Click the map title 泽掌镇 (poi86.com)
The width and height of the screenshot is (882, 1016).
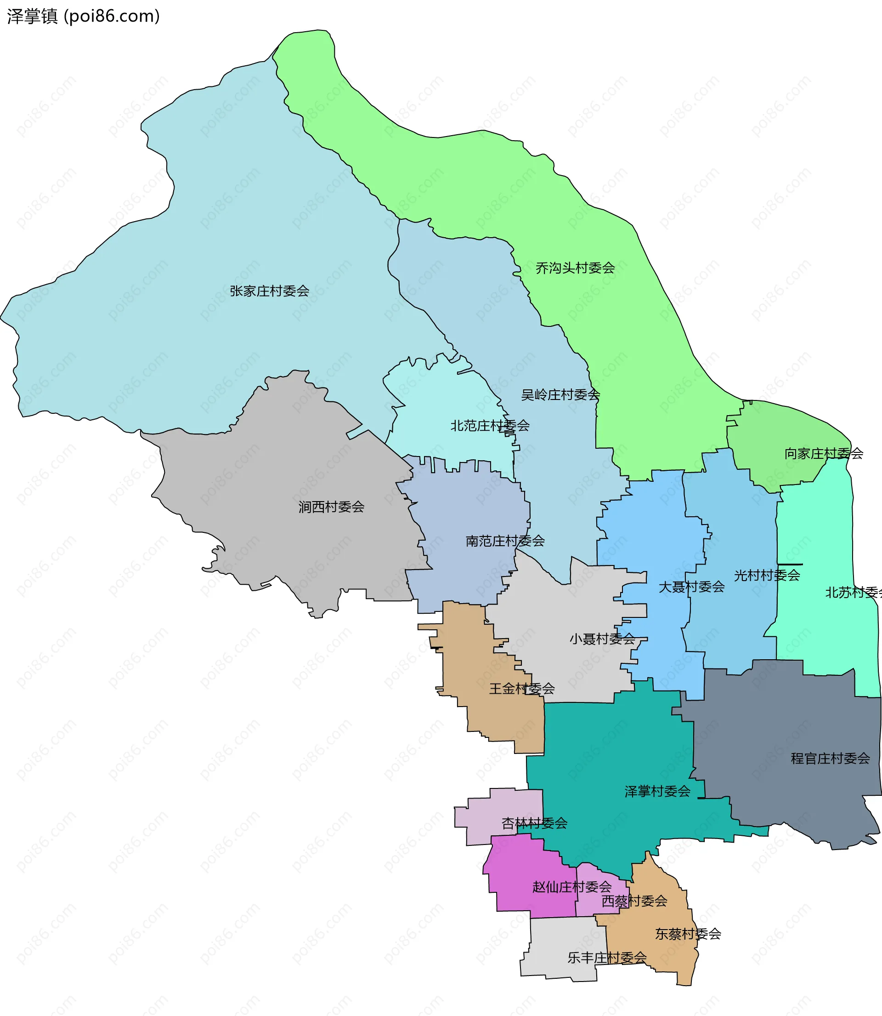point(83,16)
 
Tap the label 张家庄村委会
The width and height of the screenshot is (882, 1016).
point(269,291)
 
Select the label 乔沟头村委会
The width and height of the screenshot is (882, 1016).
point(575,268)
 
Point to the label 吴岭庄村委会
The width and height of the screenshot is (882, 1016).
point(560,394)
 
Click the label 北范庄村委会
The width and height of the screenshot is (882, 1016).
point(490,426)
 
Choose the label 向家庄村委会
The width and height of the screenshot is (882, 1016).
point(823,454)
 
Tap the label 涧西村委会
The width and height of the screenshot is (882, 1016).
point(331,507)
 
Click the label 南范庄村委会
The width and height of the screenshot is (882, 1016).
point(505,541)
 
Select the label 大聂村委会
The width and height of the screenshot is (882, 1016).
point(691,587)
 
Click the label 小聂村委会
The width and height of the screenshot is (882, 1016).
point(602,639)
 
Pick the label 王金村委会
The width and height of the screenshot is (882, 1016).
point(521,689)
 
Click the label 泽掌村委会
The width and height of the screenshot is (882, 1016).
point(657,792)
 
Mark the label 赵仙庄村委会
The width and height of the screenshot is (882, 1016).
point(571,887)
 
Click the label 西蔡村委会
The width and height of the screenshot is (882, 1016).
point(634,901)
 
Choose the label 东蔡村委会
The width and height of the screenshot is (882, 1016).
point(688,934)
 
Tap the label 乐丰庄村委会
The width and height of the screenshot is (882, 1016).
point(606,958)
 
